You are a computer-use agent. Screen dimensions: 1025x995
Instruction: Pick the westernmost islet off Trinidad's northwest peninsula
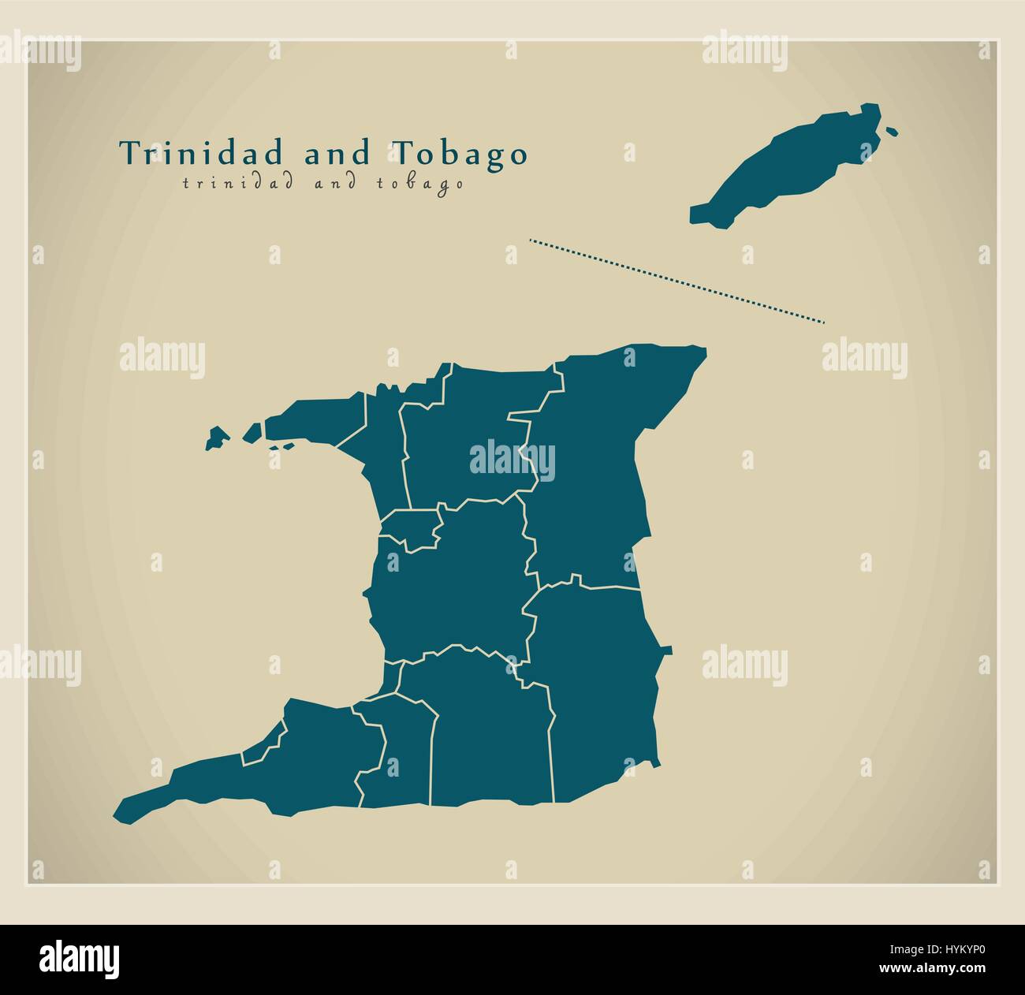tap(217, 438)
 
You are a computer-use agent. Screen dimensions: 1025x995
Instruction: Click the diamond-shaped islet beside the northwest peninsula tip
tap(252, 432)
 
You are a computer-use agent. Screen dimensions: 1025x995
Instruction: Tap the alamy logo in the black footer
tap(80, 956)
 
